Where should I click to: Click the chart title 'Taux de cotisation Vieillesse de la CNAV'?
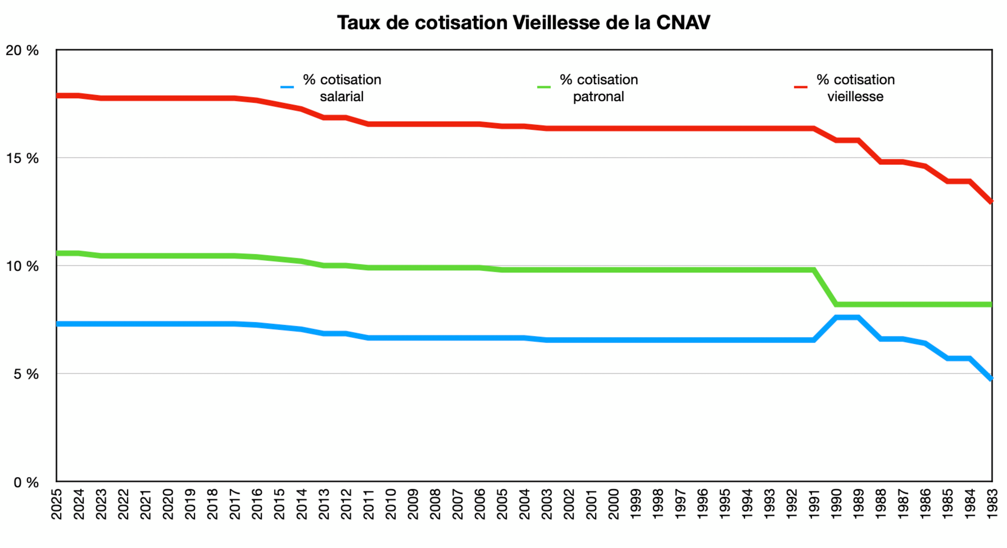523,23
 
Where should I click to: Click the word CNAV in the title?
683,23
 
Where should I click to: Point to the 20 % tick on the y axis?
22,50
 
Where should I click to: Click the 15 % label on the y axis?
22,158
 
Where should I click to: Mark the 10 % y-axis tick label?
22,266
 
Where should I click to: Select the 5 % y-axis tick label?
26,374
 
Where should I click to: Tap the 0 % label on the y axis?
26,482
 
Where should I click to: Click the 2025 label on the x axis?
57,504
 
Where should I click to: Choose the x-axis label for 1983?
992,504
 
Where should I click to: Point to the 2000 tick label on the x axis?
613,504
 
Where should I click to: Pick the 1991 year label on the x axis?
814,504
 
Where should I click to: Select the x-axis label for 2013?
324,504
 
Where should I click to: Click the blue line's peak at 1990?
837,317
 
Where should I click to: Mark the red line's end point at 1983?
991,201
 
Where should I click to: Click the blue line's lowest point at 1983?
991,379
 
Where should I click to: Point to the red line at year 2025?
58,96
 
